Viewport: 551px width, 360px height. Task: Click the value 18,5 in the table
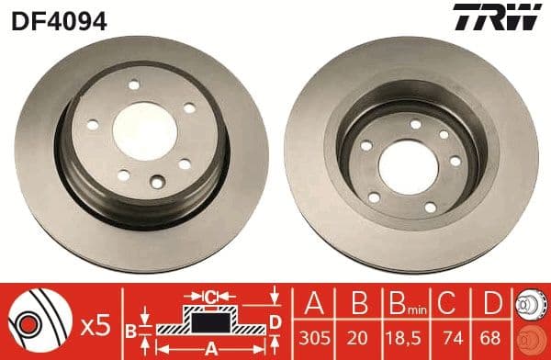coord(402,336)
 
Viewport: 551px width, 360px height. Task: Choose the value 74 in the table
coord(447,336)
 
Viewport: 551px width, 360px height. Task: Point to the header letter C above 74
coord(447,303)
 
